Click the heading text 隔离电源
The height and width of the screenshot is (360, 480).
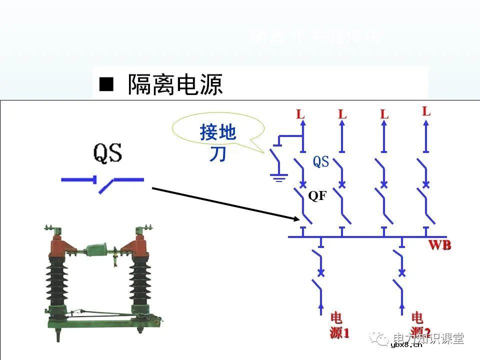click(x=175, y=85)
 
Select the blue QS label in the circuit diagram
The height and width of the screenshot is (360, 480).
click(x=321, y=161)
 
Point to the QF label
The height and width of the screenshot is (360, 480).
click(x=317, y=196)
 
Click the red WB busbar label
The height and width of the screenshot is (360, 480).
click(x=439, y=245)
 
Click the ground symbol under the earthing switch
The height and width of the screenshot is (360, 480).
click(x=278, y=176)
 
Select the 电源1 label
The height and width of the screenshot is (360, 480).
click(x=338, y=325)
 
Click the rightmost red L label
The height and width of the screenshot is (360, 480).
click(x=426, y=111)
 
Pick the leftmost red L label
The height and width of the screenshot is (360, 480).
click(x=300, y=114)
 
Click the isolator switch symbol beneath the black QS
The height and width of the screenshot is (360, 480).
click(x=103, y=182)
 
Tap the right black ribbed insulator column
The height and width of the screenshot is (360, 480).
click(x=141, y=282)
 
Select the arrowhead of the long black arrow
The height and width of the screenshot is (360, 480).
click(x=296, y=218)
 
